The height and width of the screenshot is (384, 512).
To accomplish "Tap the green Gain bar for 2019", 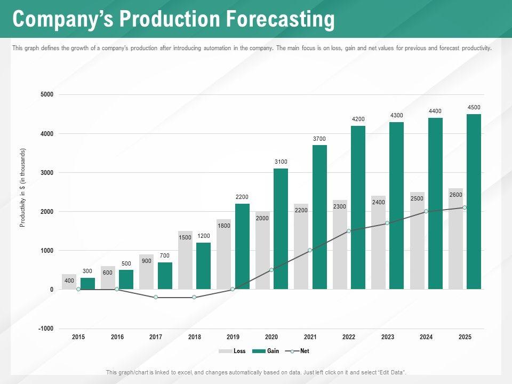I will coord(242,246).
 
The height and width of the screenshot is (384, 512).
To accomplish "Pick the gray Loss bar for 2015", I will coord(69,282).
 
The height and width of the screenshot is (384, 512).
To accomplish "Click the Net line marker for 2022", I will coord(348,231).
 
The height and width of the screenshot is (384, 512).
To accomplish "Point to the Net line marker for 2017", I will coord(156,297).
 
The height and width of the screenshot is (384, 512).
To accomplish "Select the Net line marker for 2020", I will coord(271,270).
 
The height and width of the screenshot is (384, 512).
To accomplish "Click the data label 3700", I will coord(319,139).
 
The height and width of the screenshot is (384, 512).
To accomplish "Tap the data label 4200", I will coord(358,118).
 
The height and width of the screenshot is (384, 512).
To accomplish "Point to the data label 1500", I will coord(185,237).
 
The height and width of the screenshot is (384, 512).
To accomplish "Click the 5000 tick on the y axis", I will coord(47,95).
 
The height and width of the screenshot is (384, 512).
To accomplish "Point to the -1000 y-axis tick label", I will coord(46,329).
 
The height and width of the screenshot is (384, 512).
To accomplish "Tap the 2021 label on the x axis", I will coord(310,337).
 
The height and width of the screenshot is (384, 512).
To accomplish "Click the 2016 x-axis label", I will coord(117,337).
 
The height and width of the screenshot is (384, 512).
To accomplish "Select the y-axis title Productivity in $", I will coord(22,187).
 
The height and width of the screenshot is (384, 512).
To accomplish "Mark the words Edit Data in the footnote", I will coord(391,372).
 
